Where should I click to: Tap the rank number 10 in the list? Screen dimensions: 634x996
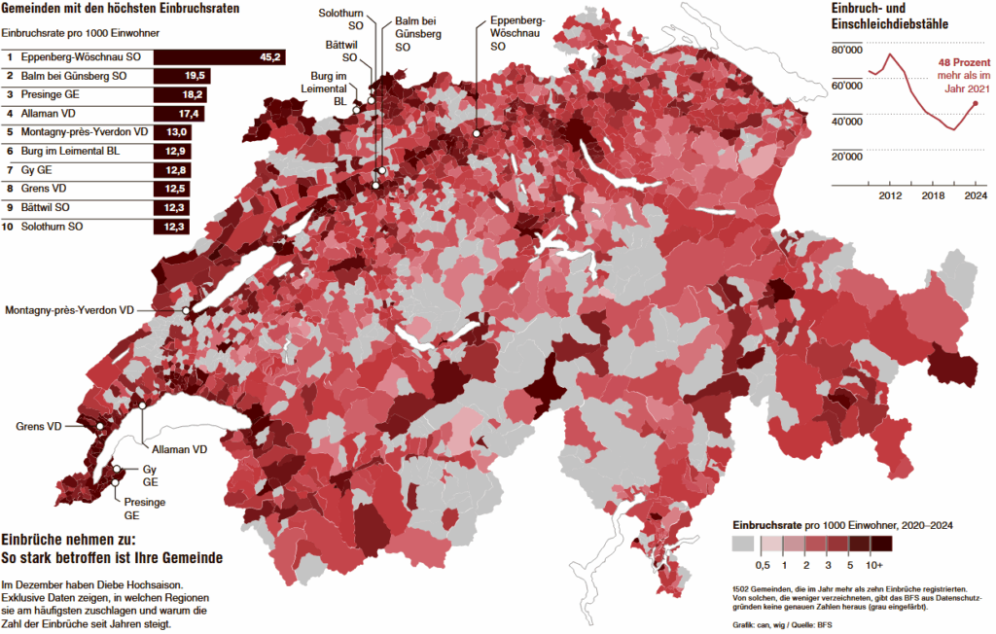click(x=9, y=227)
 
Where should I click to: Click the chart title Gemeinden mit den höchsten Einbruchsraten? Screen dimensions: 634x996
click(x=121, y=9)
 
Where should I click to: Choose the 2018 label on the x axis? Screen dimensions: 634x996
click(x=933, y=195)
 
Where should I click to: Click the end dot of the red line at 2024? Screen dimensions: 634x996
click(x=976, y=102)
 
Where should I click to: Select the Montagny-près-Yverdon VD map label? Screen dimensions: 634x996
click(x=69, y=310)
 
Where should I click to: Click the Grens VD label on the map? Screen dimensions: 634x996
click(x=38, y=426)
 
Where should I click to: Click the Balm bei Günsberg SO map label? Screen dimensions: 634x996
click(x=417, y=34)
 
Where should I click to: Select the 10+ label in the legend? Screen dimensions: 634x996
click(x=874, y=565)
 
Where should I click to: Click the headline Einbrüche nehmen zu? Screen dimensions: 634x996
click(x=68, y=540)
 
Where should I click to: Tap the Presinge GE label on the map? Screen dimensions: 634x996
click(x=144, y=509)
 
